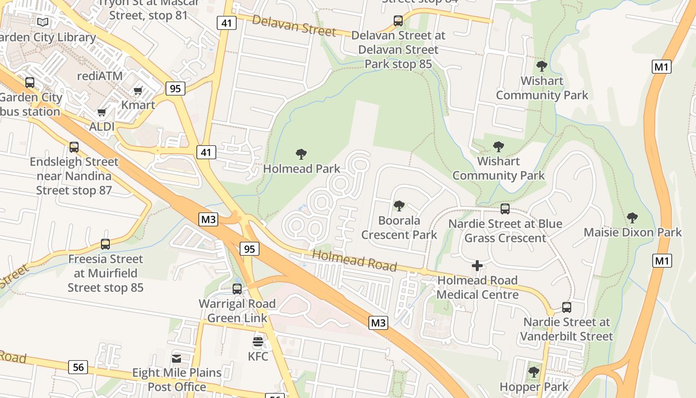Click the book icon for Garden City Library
43,22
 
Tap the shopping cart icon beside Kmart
138,91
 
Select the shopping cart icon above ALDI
102,112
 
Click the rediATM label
99,76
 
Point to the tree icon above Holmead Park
301,154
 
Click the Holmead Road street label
354,261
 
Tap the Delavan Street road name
294,25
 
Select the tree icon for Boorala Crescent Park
399,205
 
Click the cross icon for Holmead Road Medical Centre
477,266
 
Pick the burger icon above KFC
258,342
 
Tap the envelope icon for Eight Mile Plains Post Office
176,359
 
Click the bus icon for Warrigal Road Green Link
237,289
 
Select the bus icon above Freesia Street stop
105,244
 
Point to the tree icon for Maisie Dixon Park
632,217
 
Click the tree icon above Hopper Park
534,372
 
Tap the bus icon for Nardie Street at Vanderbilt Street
567,307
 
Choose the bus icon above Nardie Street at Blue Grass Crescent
505,209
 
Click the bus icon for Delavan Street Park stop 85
398,21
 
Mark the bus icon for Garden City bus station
30,83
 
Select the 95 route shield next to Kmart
175,89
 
